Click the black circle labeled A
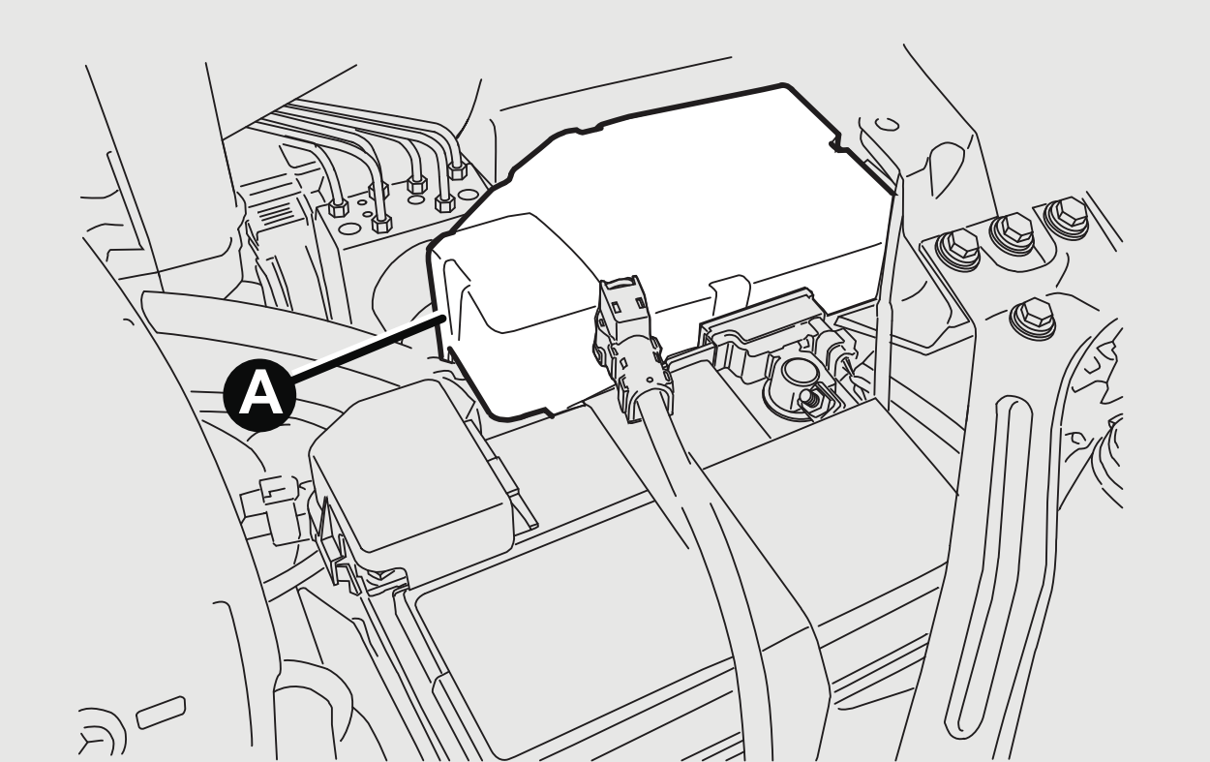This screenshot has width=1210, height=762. [x=259, y=395]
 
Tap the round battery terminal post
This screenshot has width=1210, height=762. [x=799, y=376]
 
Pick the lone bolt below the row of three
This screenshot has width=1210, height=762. [x=1033, y=319]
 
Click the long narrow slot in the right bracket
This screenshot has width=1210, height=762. [x=988, y=567]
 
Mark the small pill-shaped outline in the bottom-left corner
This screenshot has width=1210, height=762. [x=161, y=713]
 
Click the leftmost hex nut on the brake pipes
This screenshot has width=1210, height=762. [x=338, y=207]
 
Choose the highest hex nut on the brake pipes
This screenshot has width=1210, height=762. [x=458, y=170]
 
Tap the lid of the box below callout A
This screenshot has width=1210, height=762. [x=411, y=466]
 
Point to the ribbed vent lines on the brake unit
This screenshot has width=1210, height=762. [x=276, y=214]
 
